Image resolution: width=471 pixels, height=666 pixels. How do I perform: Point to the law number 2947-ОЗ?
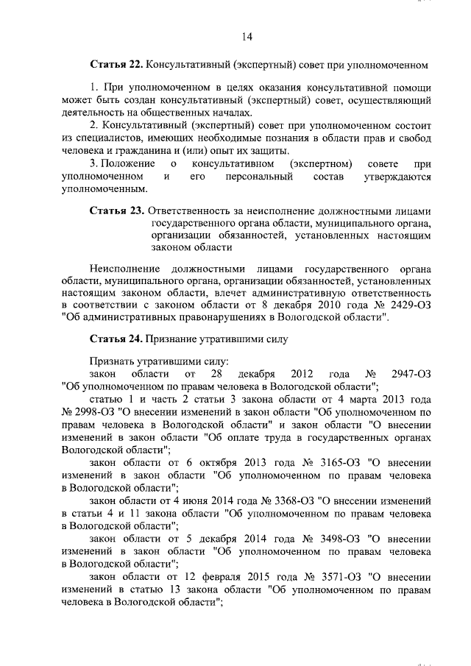tap(411, 374)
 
